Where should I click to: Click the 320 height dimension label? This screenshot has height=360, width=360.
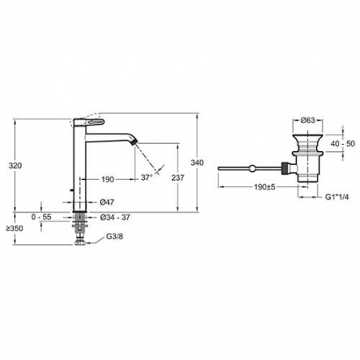pos(15,166)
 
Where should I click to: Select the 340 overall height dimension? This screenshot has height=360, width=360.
pos(197,162)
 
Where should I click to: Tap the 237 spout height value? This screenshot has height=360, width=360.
pos(178,178)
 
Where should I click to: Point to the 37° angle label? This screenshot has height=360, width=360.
pos(146,178)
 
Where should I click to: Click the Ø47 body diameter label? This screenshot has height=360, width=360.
pos(107,202)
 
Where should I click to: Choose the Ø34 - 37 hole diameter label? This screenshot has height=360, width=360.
pos(115,218)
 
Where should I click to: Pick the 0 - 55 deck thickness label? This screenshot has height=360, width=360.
pos(41,217)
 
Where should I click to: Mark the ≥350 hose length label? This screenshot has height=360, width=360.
pos(15,229)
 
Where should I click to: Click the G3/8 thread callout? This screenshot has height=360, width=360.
pos(114,237)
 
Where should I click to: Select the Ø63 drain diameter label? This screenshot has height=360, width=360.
pos(308,120)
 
